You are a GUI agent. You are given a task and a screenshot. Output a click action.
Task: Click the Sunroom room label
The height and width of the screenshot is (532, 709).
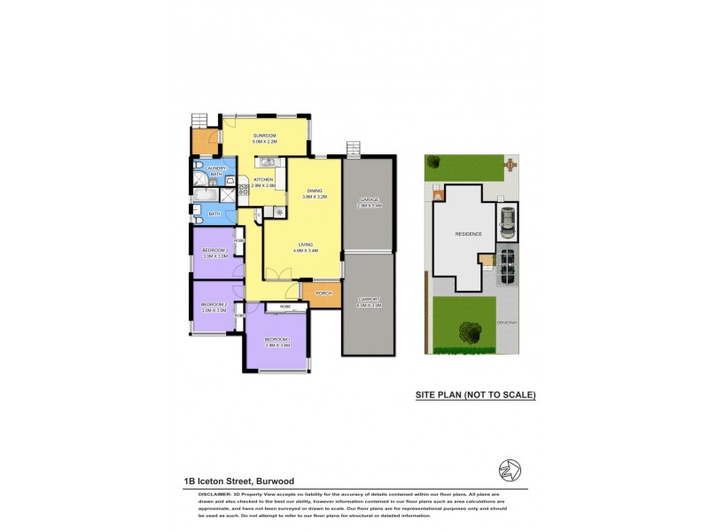point(264,136)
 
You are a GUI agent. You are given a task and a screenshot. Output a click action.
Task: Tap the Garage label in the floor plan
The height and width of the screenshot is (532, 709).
point(368,199)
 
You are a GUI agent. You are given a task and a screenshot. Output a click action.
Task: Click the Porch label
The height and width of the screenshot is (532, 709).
point(323,293)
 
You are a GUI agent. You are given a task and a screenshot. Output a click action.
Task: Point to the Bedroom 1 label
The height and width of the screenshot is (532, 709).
point(277,340)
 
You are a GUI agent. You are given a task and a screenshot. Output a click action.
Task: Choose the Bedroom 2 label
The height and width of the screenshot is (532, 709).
point(214,305)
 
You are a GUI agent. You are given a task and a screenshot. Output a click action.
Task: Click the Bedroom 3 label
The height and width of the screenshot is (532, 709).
point(214,251)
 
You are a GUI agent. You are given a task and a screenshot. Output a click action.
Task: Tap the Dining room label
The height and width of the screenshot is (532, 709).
point(315,191)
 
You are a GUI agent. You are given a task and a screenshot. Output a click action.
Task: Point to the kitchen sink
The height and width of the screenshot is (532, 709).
point(265,161)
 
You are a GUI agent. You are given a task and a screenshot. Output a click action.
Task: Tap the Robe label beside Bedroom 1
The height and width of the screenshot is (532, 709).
point(285,307)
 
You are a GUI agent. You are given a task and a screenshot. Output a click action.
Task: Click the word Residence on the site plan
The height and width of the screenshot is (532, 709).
point(468,234)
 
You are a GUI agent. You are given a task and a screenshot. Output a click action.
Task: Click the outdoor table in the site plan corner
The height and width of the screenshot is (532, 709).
point(510,164)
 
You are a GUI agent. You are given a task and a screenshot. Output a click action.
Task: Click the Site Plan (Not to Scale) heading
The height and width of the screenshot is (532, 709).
point(476,395)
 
